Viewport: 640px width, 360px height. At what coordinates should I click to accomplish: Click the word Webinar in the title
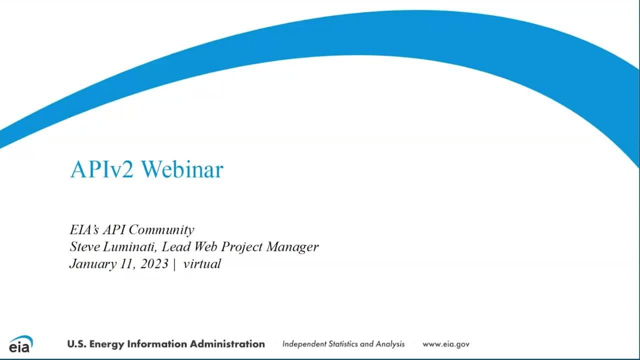pyautogui.click(x=182, y=170)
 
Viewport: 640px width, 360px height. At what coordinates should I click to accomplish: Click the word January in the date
pyautogui.click(x=89, y=264)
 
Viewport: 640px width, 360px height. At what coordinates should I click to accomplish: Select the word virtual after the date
pyautogui.click(x=202, y=264)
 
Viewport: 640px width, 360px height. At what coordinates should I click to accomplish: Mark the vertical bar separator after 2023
pyautogui.click(x=174, y=264)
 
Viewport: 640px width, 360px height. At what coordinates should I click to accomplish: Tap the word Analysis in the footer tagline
pyautogui.click(x=389, y=344)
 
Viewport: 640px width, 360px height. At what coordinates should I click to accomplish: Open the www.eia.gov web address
pyautogui.click(x=445, y=344)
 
